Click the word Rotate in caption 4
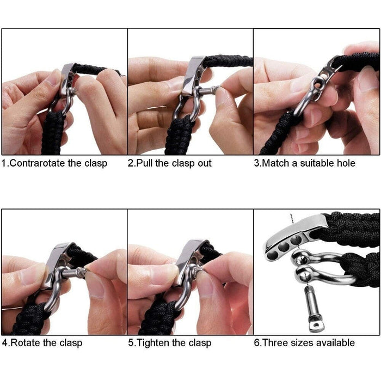27,343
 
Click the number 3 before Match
257,163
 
